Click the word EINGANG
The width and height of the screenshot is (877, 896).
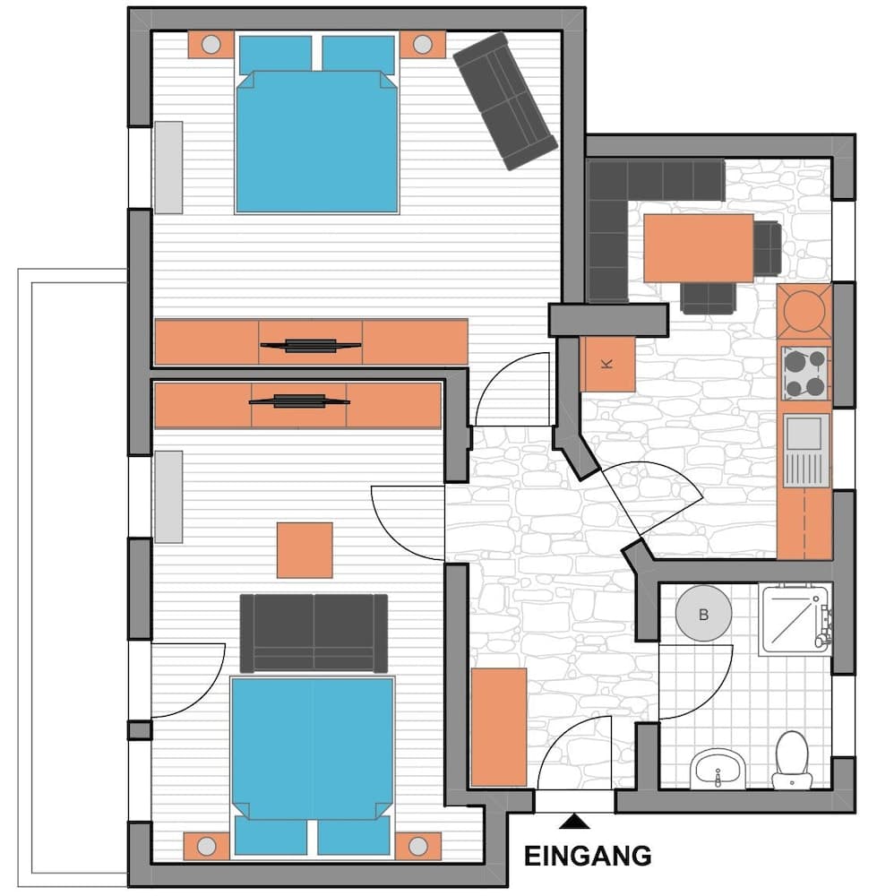(587, 856)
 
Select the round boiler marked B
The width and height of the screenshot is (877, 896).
(703, 615)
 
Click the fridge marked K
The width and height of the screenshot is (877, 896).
(607, 364)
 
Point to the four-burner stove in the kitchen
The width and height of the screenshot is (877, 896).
(804, 374)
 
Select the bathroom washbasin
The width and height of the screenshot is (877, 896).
(718, 767)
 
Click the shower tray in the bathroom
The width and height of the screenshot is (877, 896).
(794, 619)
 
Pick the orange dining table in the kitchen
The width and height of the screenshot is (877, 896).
(698, 247)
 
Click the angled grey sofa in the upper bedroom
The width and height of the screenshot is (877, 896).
(505, 100)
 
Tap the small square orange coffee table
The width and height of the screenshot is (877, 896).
(305, 550)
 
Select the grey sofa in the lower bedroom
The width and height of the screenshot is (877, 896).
(314, 632)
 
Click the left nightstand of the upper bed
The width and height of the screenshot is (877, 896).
(211, 45)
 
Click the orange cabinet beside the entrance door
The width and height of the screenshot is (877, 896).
(498, 727)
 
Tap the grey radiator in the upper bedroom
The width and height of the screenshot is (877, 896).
(168, 167)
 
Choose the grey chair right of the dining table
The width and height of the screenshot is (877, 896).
(768, 248)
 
